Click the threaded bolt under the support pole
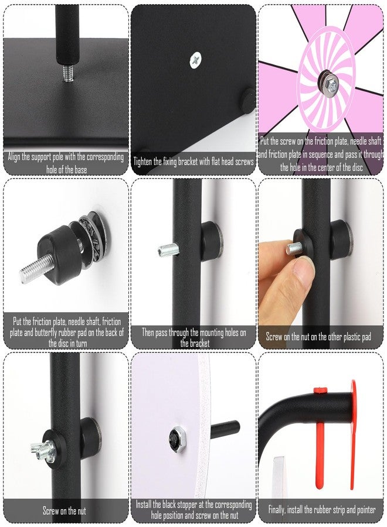click(67, 73)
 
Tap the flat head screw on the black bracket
click(195, 60)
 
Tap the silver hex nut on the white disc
click(176, 438)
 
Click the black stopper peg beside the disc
click(225, 429)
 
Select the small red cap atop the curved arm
click(320, 390)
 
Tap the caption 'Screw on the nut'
click(64, 511)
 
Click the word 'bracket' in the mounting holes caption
click(199, 344)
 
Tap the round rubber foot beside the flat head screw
click(249, 99)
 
